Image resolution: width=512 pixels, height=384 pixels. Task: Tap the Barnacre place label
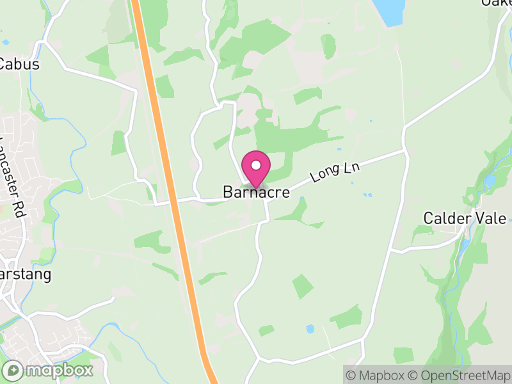256,192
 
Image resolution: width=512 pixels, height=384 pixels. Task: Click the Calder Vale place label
465,219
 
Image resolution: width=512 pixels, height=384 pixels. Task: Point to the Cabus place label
19,65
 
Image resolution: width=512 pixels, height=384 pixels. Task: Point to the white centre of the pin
256,164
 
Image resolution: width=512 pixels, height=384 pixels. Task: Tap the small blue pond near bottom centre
310,329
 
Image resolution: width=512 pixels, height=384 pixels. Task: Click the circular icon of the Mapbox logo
13,370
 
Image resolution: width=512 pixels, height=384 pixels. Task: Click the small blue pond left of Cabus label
5,42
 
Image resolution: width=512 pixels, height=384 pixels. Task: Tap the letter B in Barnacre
227,192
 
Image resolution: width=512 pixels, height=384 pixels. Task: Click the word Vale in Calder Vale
494,219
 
